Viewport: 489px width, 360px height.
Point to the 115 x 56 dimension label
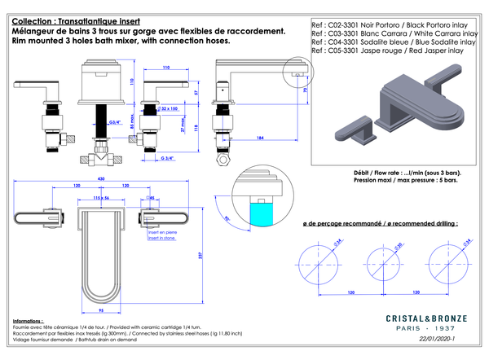[101, 197]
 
